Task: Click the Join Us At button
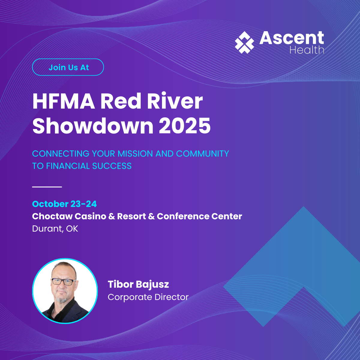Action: click(68, 67)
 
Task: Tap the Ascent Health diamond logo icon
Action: click(244, 42)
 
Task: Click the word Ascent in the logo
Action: click(292, 38)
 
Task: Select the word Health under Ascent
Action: click(307, 50)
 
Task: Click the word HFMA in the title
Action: click(64, 101)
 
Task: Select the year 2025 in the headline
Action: click(185, 126)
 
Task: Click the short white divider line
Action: click(47, 187)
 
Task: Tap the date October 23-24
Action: click(64, 204)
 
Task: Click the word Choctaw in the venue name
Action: click(52, 216)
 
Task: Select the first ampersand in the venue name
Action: click(112, 216)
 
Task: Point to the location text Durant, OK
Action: click(55, 229)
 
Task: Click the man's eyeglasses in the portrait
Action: click(63, 282)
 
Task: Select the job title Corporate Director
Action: click(148, 297)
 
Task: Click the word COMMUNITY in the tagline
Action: click(202, 154)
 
